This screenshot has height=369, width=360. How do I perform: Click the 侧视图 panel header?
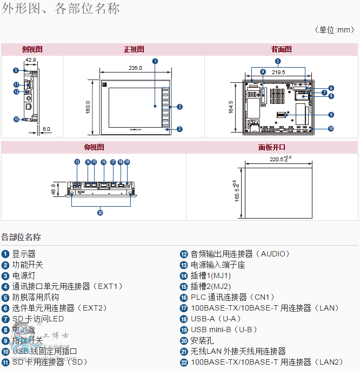[x=32, y=49]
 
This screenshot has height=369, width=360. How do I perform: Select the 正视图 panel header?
[x=134, y=49]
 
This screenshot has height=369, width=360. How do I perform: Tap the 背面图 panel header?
[x=281, y=49]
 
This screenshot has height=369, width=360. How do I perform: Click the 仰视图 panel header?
[x=94, y=147]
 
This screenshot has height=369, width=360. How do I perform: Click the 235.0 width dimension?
[x=135, y=68]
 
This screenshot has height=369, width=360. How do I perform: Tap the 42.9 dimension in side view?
[x=30, y=60]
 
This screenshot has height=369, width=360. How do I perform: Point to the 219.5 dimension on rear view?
[x=278, y=72]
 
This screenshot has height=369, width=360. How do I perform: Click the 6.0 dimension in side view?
[x=46, y=129]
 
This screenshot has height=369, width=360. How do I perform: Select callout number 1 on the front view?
[x=155, y=61]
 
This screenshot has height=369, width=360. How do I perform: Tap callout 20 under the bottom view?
[x=100, y=213]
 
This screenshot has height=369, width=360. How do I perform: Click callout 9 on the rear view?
[x=331, y=114]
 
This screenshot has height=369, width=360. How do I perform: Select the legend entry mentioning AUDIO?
[x=240, y=254]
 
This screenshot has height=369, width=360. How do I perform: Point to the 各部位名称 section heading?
[x=21, y=237]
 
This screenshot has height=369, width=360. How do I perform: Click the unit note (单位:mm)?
[x=334, y=30]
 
